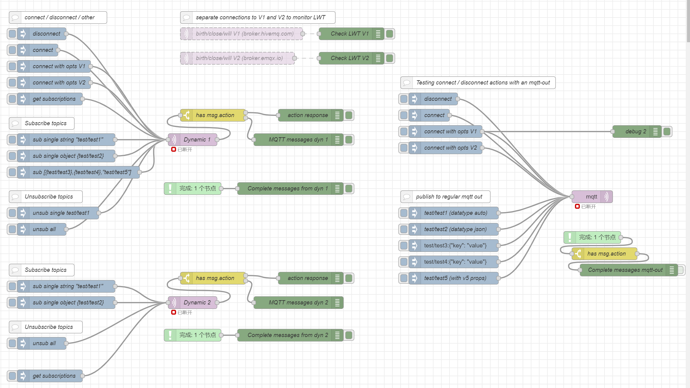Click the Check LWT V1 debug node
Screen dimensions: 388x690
coord(350,34)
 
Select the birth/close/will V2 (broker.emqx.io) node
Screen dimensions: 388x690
coord(239,58)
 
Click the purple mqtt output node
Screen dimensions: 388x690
coord(591,197)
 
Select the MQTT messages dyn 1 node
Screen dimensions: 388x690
coord(298,140)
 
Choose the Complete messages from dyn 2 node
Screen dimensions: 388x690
coord(287,335)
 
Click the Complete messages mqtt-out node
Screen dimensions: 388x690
coord(625,270)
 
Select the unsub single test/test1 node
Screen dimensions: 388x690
coord(61,213)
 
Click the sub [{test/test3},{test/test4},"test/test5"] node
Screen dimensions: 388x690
coord(82,172)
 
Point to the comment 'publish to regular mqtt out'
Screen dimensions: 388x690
coord(449,197)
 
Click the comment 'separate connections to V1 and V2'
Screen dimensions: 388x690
coord(260,17)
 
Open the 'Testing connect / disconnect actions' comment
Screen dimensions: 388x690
coord(483,83)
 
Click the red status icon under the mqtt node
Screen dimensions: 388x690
coord(577,206)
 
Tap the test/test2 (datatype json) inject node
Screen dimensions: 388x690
coord(455,229)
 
